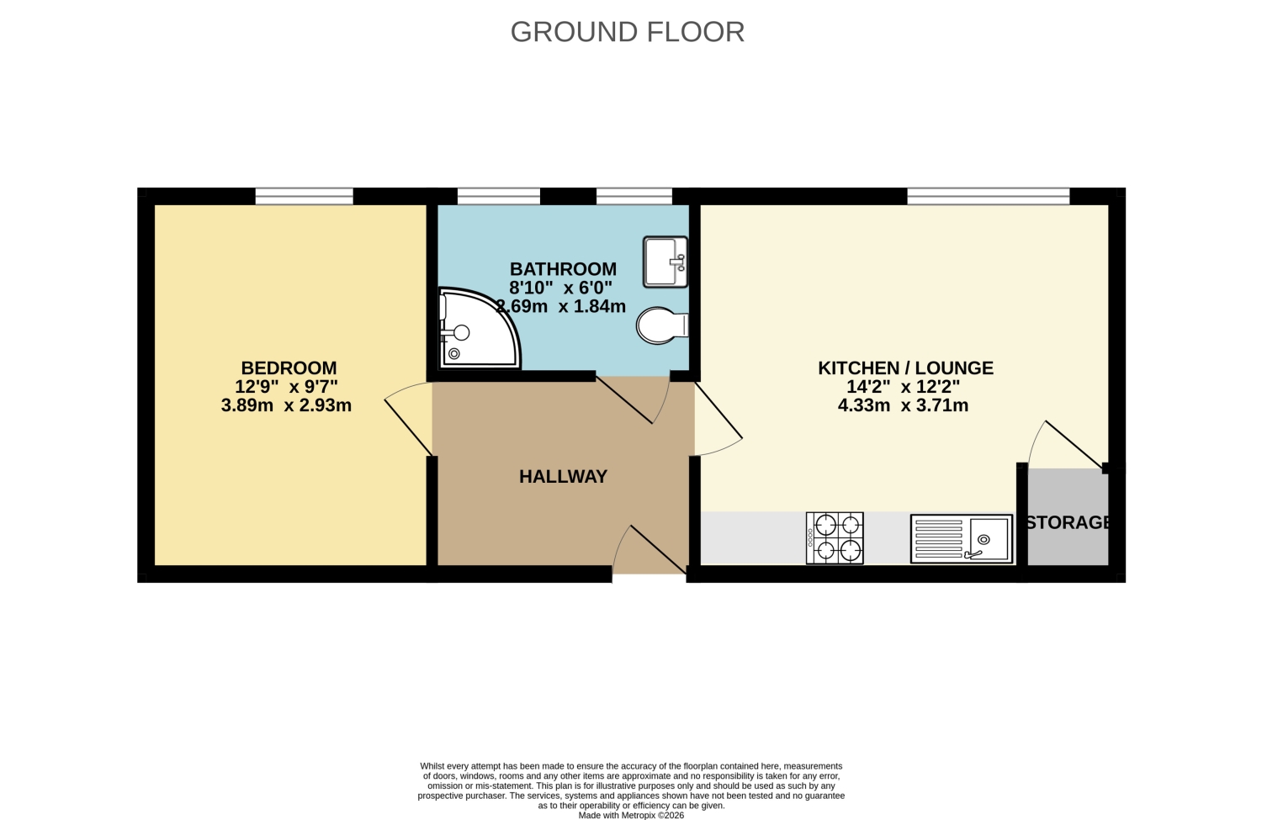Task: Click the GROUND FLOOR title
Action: pyautogui.click(x=627, y=32)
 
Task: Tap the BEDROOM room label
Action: pyautogui.click(x=289, y=368)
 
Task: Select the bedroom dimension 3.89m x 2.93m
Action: pyautogui.click(x=286, y=405)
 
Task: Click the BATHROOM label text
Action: pyautogui.click(x=564, y=268)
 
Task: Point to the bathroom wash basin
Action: pyautogui.click(x=665, y=262)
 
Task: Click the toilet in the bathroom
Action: pyautogui.click(x=663, y=325)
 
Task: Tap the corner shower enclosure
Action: pyautogui.click(x=479, y=329)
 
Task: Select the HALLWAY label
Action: pyautogui.click(x=564, y=477)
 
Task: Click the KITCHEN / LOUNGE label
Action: pyautogui.click(x=905, y=368)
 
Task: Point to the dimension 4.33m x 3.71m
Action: pyautogui.click(x=903, y=405)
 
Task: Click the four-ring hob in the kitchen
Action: pyautogui.click(x=835, y=538)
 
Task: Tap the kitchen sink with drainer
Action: pyautogui.click(x=962, y=539)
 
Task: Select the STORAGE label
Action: pyautogui.click(x=1068, y=522)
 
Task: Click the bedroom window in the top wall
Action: pyautogui.click(x=305, y=197)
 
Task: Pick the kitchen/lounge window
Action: pyautogui.click(x=989, y=197)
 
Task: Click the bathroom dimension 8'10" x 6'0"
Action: pyautogui.click(x=560, y=288)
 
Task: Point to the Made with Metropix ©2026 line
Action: pyautogui.click(x=631, y=815)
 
